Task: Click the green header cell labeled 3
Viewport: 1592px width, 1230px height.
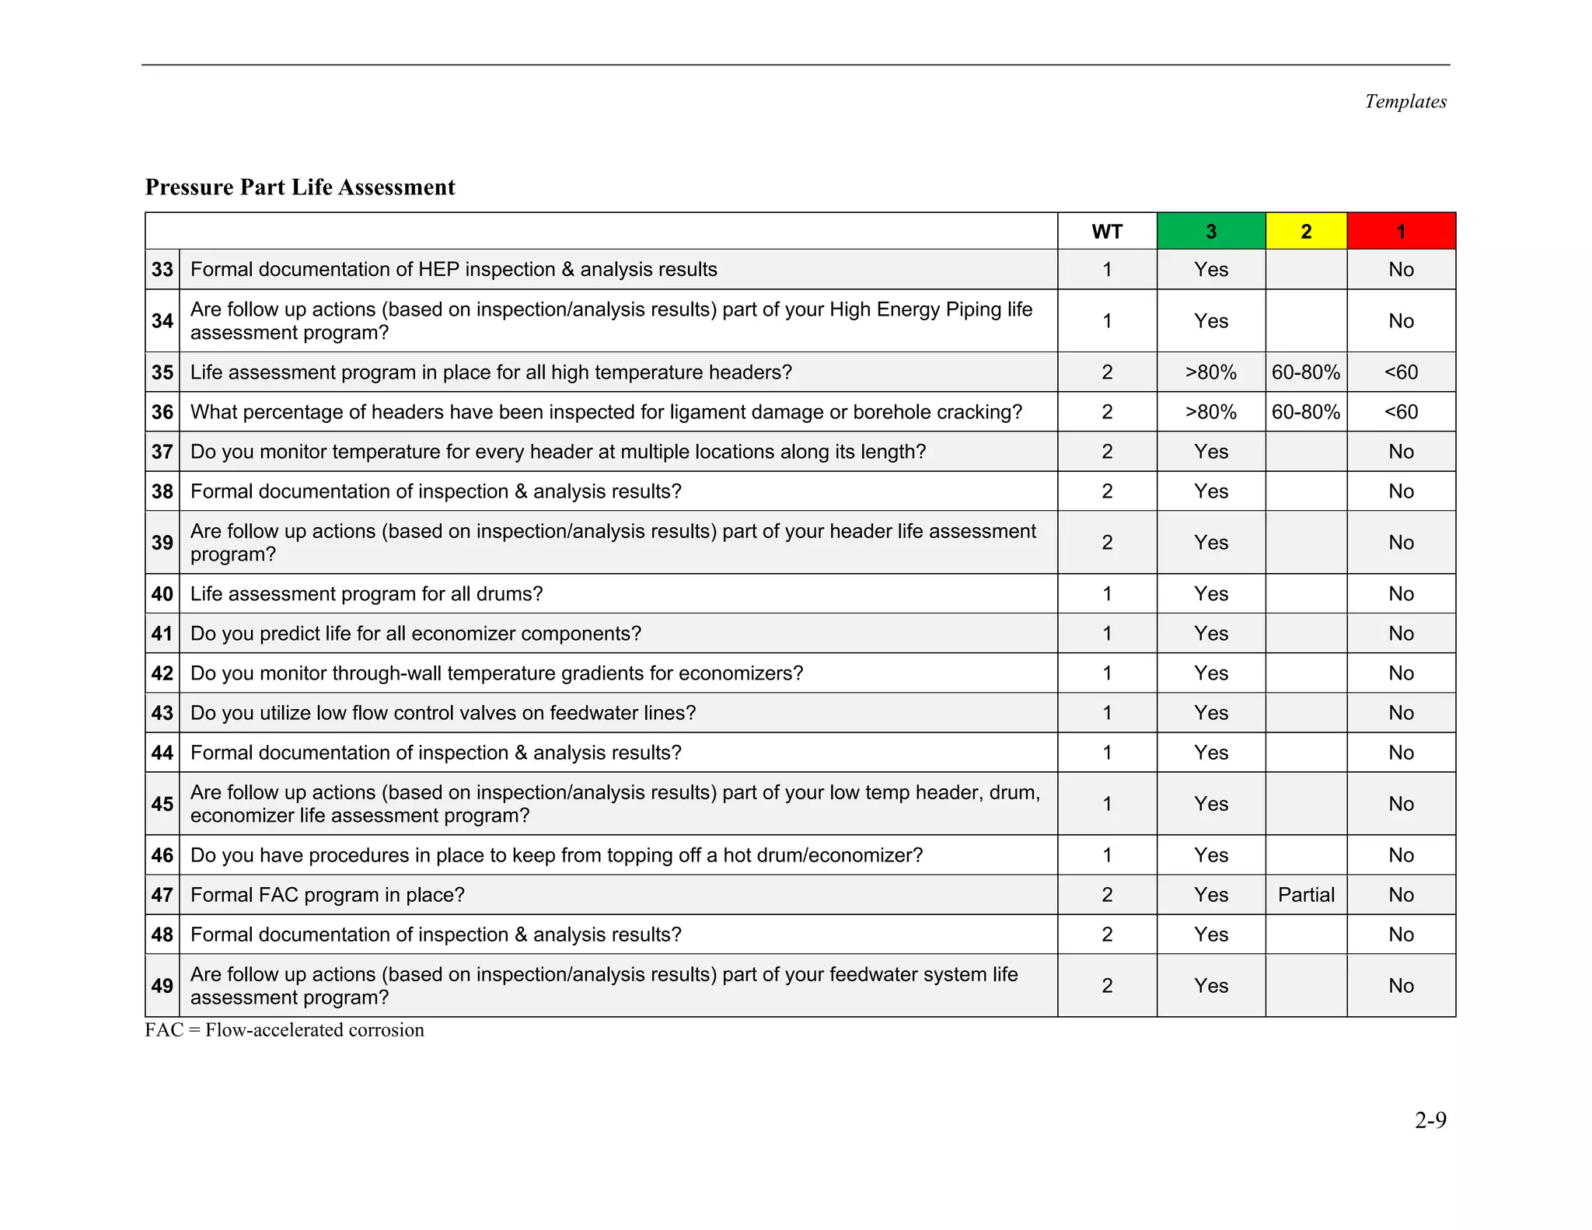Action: (x=1210, y=231)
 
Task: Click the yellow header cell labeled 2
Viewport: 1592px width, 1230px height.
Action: (x=1306, y=231)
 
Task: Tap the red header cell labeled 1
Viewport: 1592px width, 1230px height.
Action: (x=1401, y=231)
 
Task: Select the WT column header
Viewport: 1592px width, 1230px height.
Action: (x=1106, y=231)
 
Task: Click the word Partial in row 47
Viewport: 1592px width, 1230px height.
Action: (x=1306, y=895)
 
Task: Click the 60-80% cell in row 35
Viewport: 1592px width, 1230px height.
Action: (x=1306, y=372)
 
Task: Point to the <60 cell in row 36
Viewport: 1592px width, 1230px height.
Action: (x=1401, y=412)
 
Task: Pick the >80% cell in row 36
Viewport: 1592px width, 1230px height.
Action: (x=1210, y=412)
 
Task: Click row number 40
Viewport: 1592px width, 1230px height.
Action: (x=162, y=594)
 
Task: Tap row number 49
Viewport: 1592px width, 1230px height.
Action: (x=162, y=986)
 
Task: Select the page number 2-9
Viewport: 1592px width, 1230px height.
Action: (x=1430, y=1120)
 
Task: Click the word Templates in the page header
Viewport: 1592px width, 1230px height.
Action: (x=1405, y=102)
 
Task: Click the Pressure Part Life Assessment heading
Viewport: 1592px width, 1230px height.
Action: (x=300, y=187)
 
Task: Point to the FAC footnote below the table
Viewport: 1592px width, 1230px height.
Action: (x=285, y=1030)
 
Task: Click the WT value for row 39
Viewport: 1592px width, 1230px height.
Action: (x=1106, y=543)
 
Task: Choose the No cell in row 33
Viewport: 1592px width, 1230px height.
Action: (x=1401, y=270)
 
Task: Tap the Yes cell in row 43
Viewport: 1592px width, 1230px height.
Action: (x=1210, y=713)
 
